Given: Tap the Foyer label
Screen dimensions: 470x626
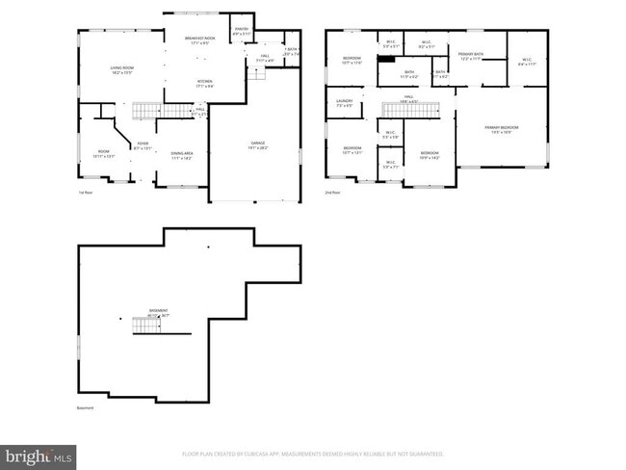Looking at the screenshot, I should [x=143, y=147].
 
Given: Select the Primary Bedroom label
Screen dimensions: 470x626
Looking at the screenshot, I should [x=500, y=130].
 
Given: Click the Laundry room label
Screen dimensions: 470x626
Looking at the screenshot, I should [x=344, y=103].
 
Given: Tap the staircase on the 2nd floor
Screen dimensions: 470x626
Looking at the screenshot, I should [x=404, y=108].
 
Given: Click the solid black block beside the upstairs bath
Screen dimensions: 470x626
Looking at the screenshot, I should [x=385, y=57].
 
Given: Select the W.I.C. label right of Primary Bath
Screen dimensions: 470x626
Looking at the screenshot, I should [x=526, y=63].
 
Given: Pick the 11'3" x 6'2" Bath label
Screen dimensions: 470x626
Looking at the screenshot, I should [x=409, y=74].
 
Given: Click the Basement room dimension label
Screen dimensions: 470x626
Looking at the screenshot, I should [x=158, y=313].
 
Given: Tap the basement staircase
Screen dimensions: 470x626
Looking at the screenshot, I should [x=146, y=327].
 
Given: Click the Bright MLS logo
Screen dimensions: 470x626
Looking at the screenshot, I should [x=39, y=454].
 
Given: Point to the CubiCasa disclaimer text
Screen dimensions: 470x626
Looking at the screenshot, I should [x=312, y=453].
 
